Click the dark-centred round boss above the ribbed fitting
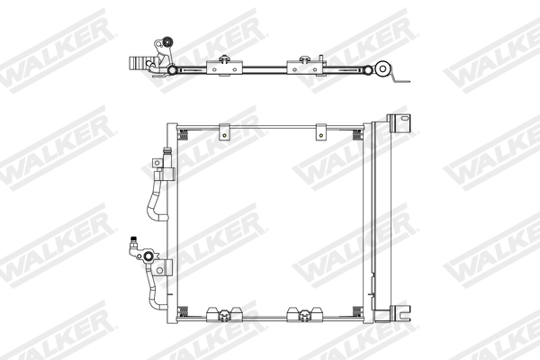(x=166, y=42)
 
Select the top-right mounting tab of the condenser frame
(x=320, y=131)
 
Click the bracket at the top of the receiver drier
(x=394, y=121)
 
